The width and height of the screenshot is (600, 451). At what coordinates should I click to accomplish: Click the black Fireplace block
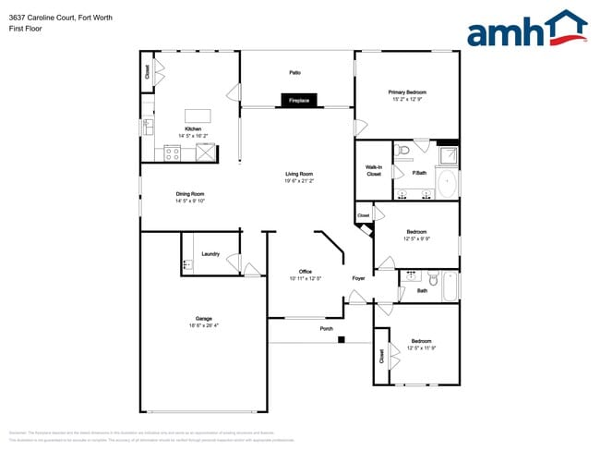click(x=298, y=100)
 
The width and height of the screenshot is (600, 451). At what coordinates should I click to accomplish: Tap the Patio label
click(x=295, y=72)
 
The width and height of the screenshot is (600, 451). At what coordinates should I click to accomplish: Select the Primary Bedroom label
click(x=407, y=92)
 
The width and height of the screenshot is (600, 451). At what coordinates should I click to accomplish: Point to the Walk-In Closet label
click(x=374, y=170)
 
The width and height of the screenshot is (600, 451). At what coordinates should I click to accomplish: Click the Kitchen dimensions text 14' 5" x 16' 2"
click(x=193, y=136)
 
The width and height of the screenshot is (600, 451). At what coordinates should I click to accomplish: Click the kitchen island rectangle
click(x=197, y=116)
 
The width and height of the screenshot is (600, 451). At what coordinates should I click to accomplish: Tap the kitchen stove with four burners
click(x=173, y=153)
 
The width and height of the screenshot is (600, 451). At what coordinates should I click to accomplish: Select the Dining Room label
click(x=189, y=194)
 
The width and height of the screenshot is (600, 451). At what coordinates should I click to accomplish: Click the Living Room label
click(x=299, y=174)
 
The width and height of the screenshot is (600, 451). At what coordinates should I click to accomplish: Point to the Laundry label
click(x=210, y=253)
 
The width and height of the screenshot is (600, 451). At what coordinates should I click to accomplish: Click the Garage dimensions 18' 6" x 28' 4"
click(x=203, y=325)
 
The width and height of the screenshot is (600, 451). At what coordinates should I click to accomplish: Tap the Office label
click(x=305, y=272)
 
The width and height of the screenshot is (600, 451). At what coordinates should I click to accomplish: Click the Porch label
click(x=327, y=329)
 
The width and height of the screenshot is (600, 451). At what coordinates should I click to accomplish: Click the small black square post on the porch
click(x=342, y=340)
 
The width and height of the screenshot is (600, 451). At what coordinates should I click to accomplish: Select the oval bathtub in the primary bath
click(x=447, y=184)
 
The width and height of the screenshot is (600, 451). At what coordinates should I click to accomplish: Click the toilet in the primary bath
click(x=402, y=150)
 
